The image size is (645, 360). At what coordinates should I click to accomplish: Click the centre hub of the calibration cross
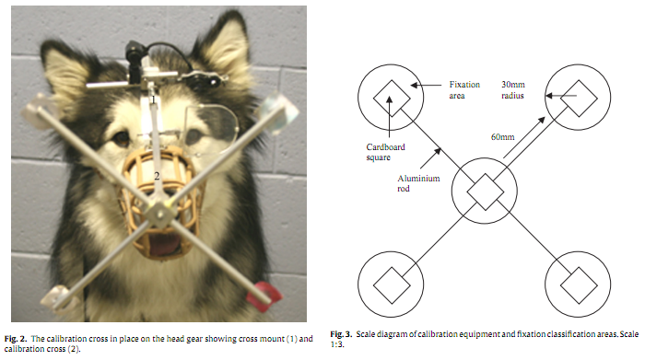tap(160, 214)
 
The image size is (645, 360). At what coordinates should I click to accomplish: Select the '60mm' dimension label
tap(502, 137)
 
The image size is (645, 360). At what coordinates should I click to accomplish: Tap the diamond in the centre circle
tap(483, 191)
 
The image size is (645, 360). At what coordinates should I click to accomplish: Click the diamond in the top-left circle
tap(386, 94)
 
